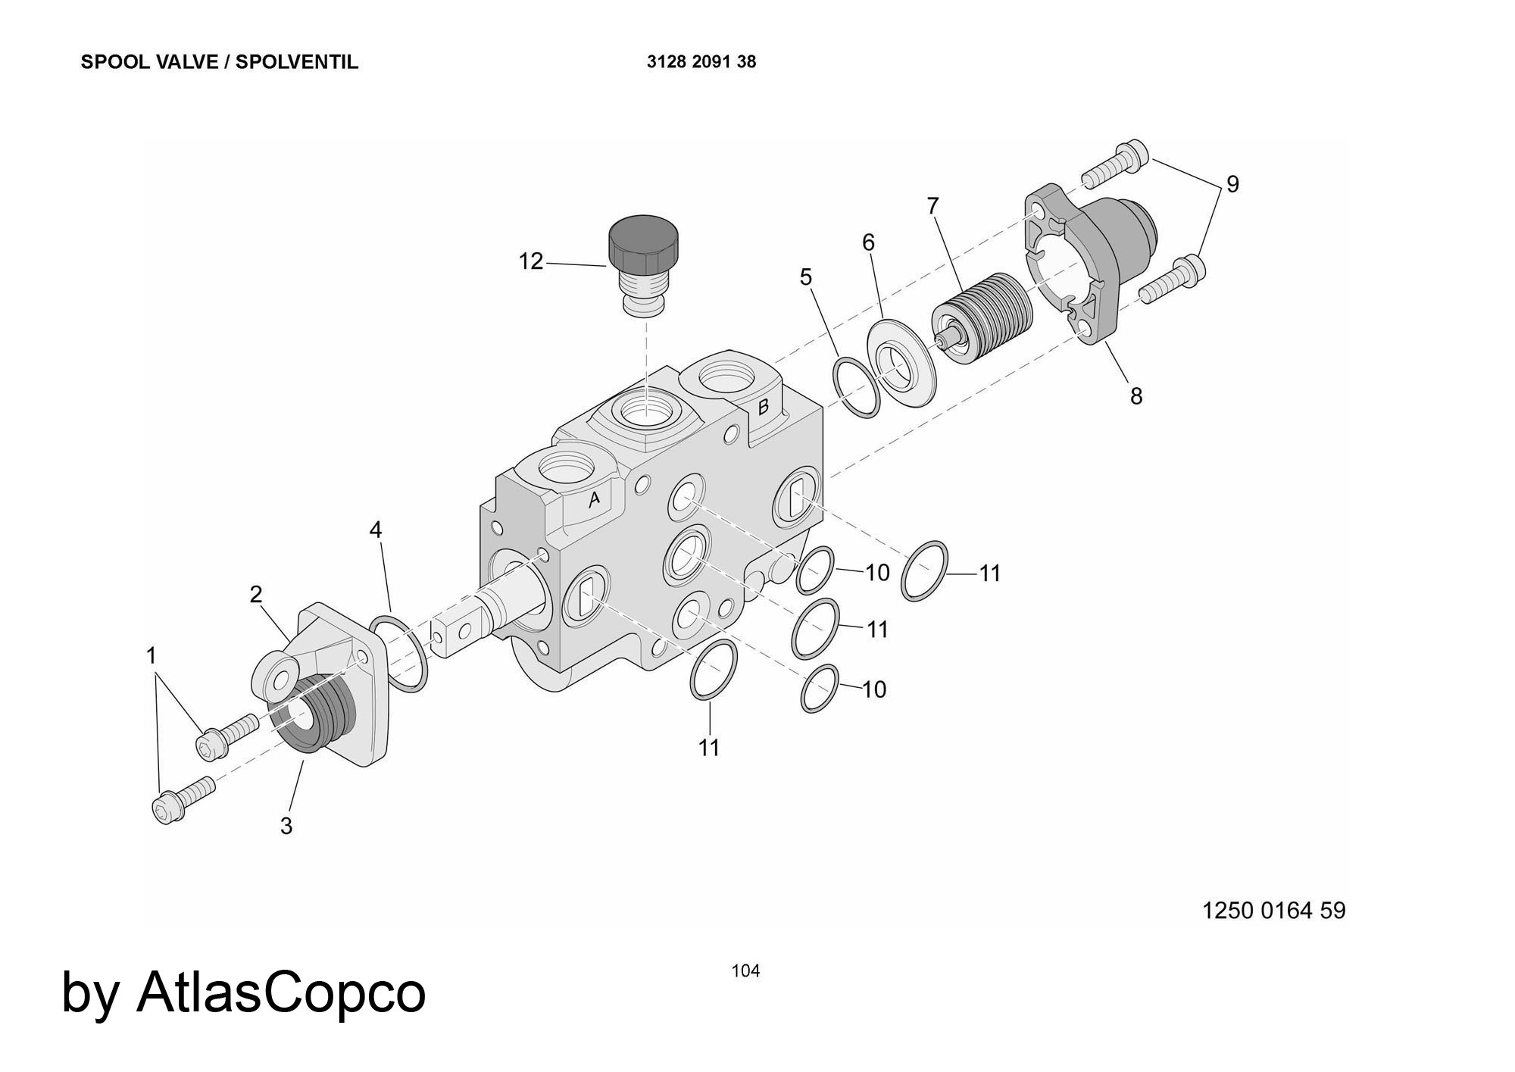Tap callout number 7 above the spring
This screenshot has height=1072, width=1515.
pyautogui.click(x=932, y=205)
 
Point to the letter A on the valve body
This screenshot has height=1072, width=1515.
pyautogui.click(x=595, y=498)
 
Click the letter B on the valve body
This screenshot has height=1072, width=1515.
pyautogui.click(x=764, y=406)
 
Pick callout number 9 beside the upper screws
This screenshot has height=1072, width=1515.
pyautogui.click(x=1232, y=184)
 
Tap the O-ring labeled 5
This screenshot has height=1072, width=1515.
pyautogui.click(x=857, y=389)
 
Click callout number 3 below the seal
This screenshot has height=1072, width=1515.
pyautogui.click(x=286, y=826)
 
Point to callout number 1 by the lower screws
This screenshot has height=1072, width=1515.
pyautogui.click(x=151, y=655)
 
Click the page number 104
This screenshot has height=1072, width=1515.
pyautogui.click(x=745, y=970)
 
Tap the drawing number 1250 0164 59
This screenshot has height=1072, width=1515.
pyautogui.click(x=1274, y=910)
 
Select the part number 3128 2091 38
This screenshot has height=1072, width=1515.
pyautogui.click(x=701, y=62)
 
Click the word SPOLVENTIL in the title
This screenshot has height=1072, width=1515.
pyautogui.click(x=296, y=62)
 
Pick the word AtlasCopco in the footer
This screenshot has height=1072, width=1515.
pyautogui.click(x=281, y=992)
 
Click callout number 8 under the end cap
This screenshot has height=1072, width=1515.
pyautogui.click(x=1135, y=395)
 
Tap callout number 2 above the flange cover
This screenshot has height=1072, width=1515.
pyautogui.click(x=256, y=595)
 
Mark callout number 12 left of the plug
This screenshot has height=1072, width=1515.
pyautogui.click(x=531, y=261)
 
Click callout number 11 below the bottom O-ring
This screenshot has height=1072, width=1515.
pyautogui.click(x=709, y=747)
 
